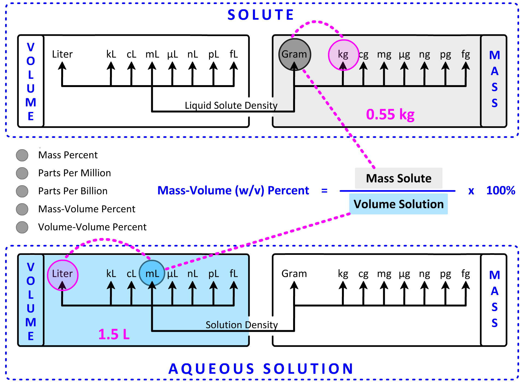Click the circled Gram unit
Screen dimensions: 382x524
(x=294, y=54)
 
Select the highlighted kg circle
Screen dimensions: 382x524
(x=343, y=55)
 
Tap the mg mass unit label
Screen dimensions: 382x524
(x=384, y=55)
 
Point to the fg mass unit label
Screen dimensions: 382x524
(x=466, y=54)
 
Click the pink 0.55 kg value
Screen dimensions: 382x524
(x=390, y=114)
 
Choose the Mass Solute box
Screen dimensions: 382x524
(x=398, y=178)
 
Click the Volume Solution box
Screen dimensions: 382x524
(x=398, y=204)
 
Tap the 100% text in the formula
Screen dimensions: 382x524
(x=501, y=190)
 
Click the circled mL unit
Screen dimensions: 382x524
(x=152, y=273)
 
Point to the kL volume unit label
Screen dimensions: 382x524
(x=111, y=273)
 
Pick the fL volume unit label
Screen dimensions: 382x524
(x=234, y=273)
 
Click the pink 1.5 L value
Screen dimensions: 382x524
(x=114, y=334)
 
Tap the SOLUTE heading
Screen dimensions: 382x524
(x=261, y=15)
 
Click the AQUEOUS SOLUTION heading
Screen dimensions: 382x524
(x=261, y=369)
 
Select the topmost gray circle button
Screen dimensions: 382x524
(x=22, y=155)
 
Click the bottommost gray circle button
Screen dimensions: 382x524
(x=22, y=227)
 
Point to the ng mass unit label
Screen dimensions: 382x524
(x=424, y=55)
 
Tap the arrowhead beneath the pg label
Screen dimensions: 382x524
(x=445, y=66)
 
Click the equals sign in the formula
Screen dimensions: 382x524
(x=324, y=190)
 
